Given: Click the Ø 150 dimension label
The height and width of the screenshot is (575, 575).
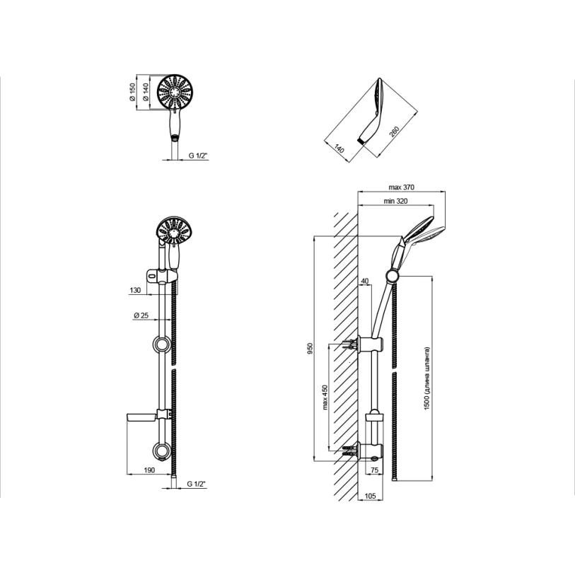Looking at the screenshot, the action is coord(132,92).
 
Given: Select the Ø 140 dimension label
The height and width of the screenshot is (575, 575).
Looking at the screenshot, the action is coord(146,92).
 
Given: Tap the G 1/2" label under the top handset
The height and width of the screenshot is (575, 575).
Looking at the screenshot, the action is coord(198,156).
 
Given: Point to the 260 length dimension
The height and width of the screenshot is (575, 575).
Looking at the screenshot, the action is coord(394,132).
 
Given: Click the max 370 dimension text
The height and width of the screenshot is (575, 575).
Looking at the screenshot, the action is coord(401,187).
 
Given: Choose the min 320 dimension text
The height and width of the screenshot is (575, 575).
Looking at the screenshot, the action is coord(395,201).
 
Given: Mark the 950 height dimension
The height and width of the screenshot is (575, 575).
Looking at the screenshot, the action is coord(310,348).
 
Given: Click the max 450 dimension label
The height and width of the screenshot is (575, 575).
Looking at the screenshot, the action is coord(325,397).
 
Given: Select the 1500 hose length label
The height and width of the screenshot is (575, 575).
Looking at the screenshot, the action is coord(426,378).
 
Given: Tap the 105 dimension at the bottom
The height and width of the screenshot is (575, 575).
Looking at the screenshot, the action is coord(371,496).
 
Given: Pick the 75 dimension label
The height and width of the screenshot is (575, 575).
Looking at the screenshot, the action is coord(374,470).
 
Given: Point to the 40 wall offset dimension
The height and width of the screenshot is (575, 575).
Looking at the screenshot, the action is coord(365,281).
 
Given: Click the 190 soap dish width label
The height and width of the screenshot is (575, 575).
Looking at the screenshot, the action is coord(149,470).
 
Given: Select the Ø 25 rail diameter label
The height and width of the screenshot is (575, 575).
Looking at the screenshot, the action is coord(141,315).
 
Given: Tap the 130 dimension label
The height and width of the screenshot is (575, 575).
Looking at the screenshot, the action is coord(135,290).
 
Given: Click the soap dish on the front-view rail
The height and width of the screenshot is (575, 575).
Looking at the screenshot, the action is coord(141,418).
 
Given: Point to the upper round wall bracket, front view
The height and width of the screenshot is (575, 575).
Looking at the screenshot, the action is coord(161,344).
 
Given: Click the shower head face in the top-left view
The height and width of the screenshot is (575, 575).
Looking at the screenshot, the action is coord(175,92).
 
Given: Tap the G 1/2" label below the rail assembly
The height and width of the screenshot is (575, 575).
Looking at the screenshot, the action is coord(197,484).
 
